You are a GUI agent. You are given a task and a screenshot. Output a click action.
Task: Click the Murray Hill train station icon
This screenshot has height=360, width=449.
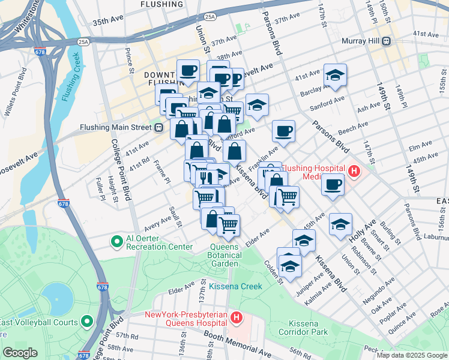(387, 41)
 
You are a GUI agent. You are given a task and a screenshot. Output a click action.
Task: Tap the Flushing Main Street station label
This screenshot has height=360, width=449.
(118, 127)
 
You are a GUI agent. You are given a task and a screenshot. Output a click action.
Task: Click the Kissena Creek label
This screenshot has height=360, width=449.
(236, 286)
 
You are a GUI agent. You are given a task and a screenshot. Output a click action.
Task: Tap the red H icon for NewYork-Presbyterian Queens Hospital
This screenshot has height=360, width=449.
(237, 316)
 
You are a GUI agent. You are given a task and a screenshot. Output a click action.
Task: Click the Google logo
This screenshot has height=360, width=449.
(20, 353)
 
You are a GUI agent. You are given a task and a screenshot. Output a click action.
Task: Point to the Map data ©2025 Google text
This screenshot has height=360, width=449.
(412, 355)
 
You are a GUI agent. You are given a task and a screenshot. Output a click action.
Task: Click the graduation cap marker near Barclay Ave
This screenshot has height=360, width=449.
(335, 76)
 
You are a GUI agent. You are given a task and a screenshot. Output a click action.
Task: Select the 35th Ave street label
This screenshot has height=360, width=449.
(107, 22)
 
